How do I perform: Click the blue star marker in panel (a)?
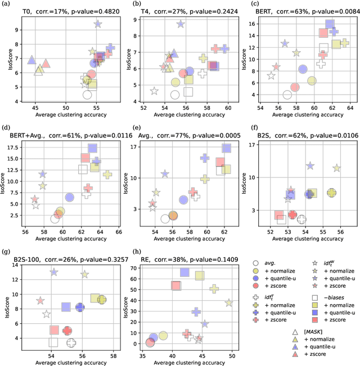[x=98, y=24]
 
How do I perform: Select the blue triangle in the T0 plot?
[x=31, y=59]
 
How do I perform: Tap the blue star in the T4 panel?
[x=181, y=24]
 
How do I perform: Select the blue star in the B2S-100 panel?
[x=54, y=272]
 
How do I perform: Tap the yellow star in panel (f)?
[x=336, y=168]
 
